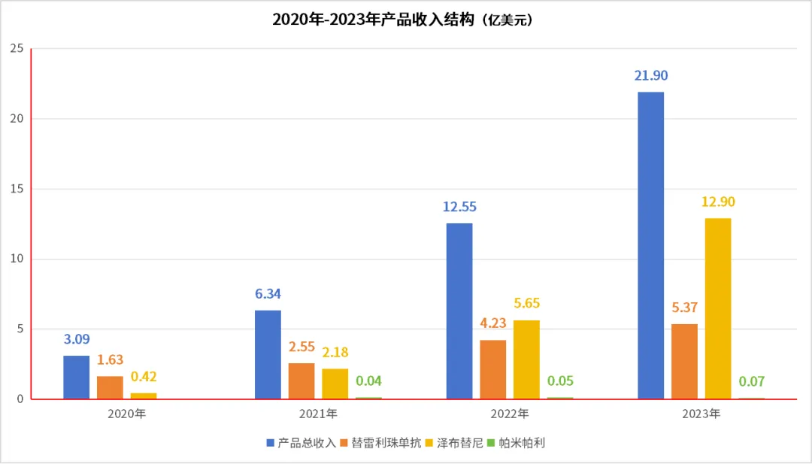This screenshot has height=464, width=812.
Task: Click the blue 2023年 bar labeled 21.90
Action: pyautogui.click(x=650, y=245)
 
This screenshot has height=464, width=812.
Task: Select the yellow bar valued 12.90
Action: pyautogui.click(x=718, y=308)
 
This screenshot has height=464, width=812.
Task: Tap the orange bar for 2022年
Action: pyautogui.click(x=493, y=369)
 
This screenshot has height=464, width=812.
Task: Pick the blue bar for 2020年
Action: pyautogui.click(x=76, y=377)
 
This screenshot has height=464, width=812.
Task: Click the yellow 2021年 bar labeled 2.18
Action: pyautogui.click(x=335, y=384)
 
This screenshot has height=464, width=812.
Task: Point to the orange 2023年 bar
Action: pyautogui.click(x=684, y=361)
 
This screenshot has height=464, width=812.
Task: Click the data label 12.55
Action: pyautogui.click(x=459, y=207)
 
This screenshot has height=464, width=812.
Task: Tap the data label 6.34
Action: pyautogui.click(x=268, y=294)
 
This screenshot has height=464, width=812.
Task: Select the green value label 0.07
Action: pyautogui.click(x=752, y=381)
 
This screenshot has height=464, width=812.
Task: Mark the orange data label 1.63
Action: pyautogui.click(x=110, y=359)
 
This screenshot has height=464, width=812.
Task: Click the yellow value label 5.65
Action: pyautogui.click(x=526, y=304)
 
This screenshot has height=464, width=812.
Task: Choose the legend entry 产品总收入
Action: pyautogui.click(x=301, y=443)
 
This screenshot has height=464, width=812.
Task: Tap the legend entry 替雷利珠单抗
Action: pyautogui.click(x=380, y=443)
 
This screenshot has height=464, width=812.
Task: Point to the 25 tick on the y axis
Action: pyautogui.click(x=17, y=49)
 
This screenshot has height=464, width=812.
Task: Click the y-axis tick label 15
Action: pyautogui.click(x=17, y=189)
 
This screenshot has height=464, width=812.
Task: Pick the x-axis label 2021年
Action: pyautogui.click(x=317, y=414)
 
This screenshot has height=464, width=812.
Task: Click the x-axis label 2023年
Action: pyautogui.click(x=701, y=414)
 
